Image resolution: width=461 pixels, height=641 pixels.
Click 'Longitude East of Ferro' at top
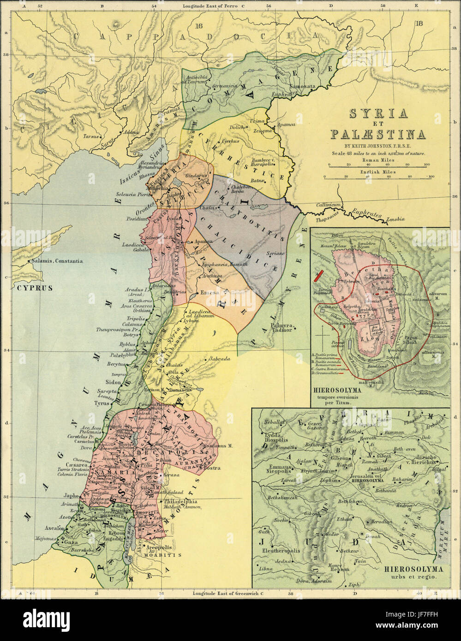[x=209, y=6]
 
